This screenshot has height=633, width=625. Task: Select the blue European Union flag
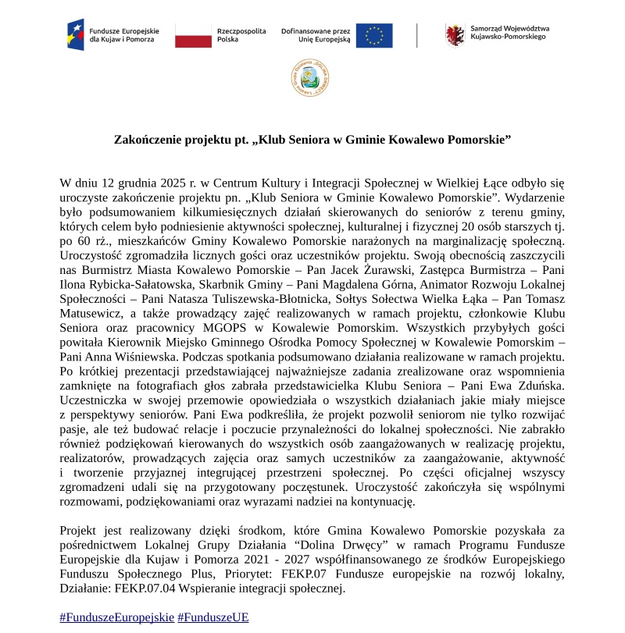click(374, 35)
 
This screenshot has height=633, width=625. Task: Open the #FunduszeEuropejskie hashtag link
click(116, 617)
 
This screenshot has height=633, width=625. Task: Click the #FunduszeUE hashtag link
click(213, 617)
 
